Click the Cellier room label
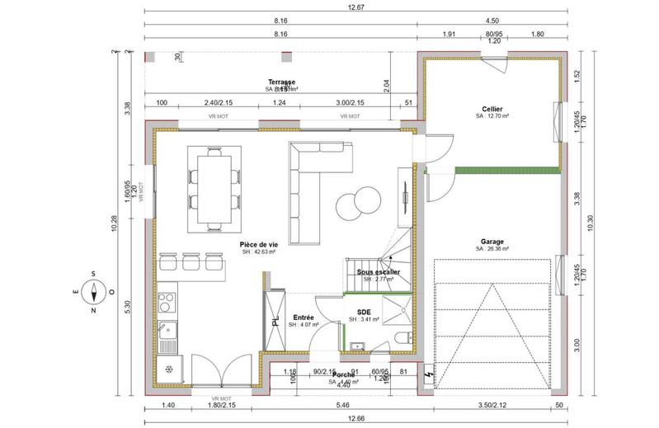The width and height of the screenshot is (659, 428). coord(492,109)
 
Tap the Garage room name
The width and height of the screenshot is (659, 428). coord(492,241)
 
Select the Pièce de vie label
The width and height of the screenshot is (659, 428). coord(258,245)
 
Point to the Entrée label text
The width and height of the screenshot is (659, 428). coord(304,317)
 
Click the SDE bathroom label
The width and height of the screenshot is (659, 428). coord(364,312)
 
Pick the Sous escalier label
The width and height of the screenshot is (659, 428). coord(378,271)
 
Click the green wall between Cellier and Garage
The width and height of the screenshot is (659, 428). coord(492,171)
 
